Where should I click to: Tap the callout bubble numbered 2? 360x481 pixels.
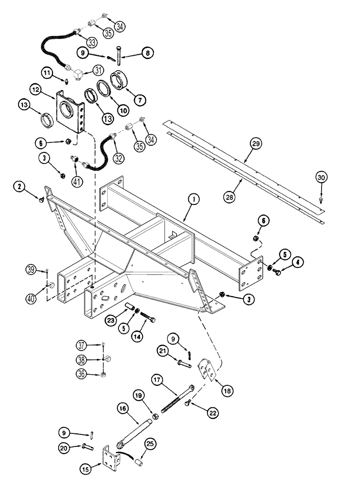click(19, 186)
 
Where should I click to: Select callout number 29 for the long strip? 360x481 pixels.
click(256, 143)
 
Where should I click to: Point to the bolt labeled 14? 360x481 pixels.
click(148, 320)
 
